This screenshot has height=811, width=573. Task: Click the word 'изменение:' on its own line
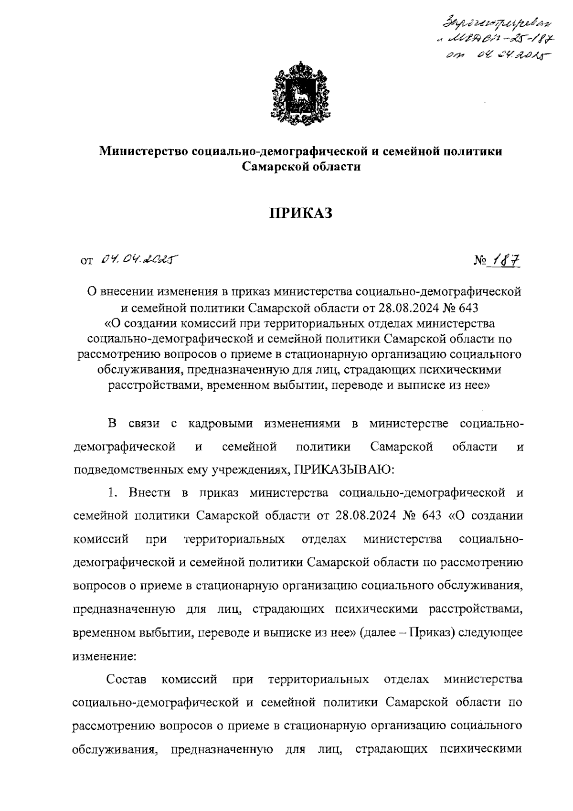pyautogui.click(x=105, y=656)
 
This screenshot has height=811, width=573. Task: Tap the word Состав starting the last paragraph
pyautogui.click(x=127, y=679)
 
